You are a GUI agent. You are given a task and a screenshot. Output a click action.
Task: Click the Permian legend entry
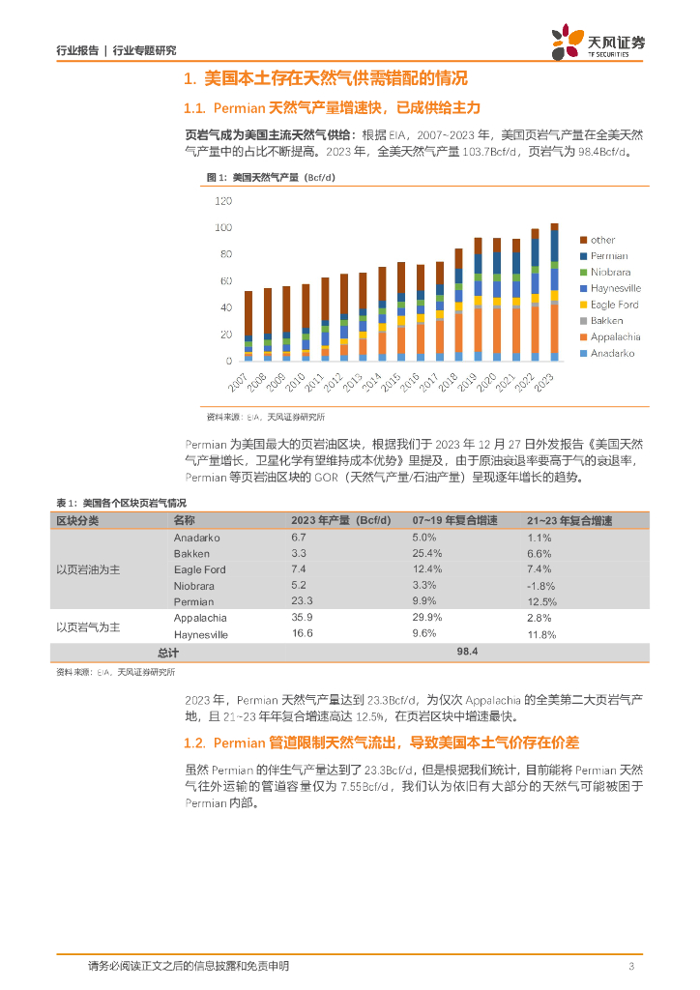click(x=609, y=256)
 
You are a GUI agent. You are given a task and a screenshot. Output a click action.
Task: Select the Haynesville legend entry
click(x=616, y=288)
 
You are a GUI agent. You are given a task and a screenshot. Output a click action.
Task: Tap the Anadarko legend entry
click(x=613, y=353)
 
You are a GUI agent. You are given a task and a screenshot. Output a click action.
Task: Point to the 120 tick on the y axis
click(x=223, y=201)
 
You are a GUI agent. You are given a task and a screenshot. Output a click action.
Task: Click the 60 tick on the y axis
click(x=226, y=281)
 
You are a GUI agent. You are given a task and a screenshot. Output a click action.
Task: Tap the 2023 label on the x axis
click(x=548, y=380)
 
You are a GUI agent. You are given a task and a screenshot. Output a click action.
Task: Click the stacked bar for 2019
click(x=478, y=300)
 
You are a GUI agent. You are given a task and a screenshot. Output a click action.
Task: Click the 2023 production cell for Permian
click(x=302, y=601)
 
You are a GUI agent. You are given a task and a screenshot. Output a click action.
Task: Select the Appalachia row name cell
click(x=200, y=618)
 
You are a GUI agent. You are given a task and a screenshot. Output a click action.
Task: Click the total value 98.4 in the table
click(x=469, y=653)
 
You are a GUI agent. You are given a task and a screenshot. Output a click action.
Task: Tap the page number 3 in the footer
click(x=631, y=966)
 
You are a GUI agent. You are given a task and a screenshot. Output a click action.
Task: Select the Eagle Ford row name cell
click(x=199, y=569)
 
